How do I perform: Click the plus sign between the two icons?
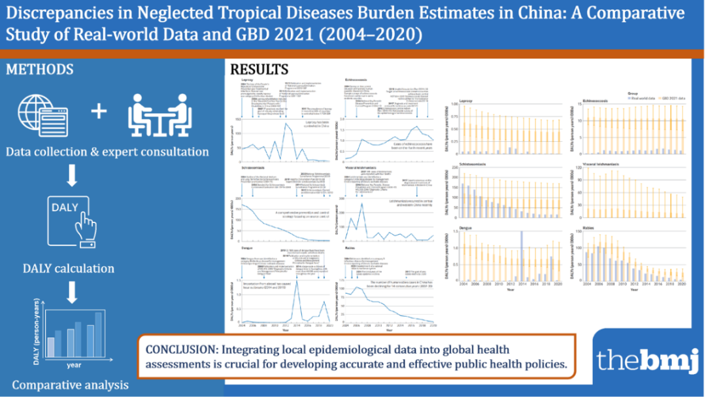click(99, 111)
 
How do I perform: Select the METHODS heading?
click(40, 69)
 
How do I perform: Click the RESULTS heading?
click(259, 70)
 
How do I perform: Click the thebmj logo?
click(646, 359)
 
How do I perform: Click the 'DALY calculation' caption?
click(69, 268)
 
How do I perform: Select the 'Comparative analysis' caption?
click(71, 385)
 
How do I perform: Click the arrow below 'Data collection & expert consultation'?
click(72, 176)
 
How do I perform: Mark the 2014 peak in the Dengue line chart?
click(297, 281)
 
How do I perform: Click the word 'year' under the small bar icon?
click(73, 365)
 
